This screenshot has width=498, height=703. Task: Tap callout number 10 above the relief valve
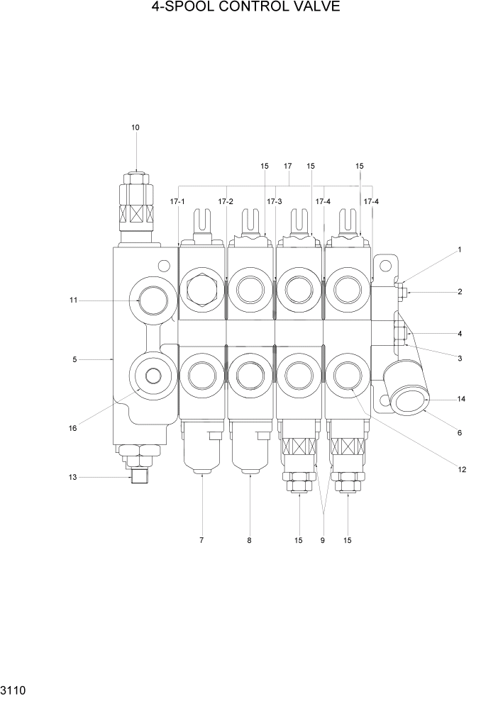coord(135,128)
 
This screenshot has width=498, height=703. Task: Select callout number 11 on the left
coord(73,300)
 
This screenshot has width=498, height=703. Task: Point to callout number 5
coord(74,359)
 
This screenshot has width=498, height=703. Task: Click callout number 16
coord(74,427)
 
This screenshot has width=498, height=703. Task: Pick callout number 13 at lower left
coord(72,477)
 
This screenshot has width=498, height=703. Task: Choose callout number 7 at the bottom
coord(201,541)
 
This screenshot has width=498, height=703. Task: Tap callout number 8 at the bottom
coord(249,541)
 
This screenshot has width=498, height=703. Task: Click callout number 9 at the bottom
coord(322,541)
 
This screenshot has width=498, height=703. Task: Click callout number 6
coord(460,432)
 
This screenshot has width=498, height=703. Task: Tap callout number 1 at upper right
coord(460,249)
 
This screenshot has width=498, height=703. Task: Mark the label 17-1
coord(177,202)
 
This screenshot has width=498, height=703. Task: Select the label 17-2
coord(226,202)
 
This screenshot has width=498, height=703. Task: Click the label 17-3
coord(275,202)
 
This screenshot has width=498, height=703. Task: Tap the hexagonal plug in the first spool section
coord(201,290)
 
